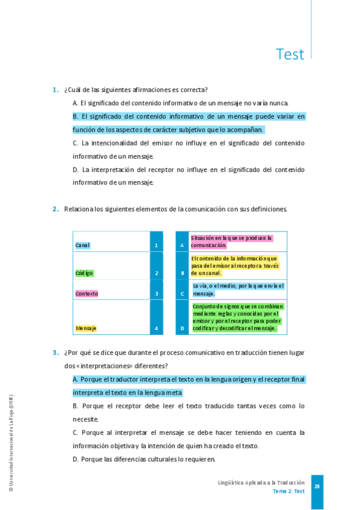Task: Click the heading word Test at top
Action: (290, 54)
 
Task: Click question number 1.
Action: (55, 90)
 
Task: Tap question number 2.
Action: (55, 209)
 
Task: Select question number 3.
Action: (55, 352)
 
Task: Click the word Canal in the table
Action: (82, 245)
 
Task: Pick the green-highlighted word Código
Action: (84, 273)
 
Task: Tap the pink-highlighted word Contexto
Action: (87, 294)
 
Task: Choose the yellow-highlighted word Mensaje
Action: (86, 328)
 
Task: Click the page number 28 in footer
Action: (317, 487)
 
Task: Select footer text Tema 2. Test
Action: (288, 491)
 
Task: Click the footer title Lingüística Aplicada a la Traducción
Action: (261, 483)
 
